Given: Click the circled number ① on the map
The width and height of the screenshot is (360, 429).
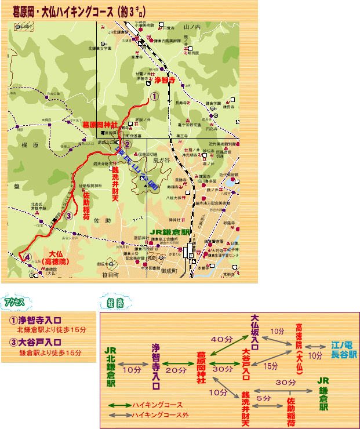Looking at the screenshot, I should (x=154, y=97).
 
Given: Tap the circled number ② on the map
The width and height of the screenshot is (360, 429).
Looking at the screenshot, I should (x=128, y=145).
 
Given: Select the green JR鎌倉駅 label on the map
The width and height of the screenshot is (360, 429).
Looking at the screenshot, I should (x=170, y=232).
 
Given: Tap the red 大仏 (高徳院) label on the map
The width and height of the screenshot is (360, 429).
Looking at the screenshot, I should (x=56, y=257).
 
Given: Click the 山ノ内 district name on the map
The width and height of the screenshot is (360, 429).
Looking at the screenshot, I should (x=191, y=27).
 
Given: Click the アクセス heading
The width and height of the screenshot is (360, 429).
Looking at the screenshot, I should (x=14, y=303).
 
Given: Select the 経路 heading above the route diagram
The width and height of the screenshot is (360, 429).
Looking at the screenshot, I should (x=116, y=303).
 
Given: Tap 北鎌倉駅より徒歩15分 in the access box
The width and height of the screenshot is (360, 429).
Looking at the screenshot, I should (x=52, y=330).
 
